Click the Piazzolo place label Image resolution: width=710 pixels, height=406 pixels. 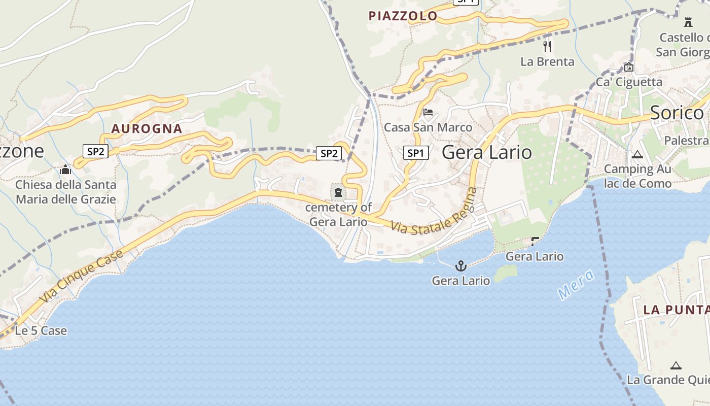click(403, 16)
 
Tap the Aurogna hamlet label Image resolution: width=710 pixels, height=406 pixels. click(147, 128)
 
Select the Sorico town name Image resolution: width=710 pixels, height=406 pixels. click(677, 113)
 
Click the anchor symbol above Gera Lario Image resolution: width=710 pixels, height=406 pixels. click(460, 265)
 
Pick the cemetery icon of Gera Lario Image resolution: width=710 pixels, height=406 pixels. click(338, 192)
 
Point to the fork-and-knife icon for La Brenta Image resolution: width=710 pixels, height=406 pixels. click(547, 47)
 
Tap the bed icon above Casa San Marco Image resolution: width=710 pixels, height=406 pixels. click(428, 112)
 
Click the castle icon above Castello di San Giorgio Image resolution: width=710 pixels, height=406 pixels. click(688, 22)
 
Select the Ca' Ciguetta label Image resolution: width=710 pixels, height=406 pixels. click(629, 82)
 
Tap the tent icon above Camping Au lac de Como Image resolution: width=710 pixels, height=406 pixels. click(637, 154)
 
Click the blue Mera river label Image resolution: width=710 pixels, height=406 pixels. click(575, 284)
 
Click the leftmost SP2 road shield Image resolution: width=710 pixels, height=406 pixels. click(95, 151)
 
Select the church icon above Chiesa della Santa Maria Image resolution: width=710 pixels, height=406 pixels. click(65, 170)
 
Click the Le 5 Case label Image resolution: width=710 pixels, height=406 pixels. click(41, 331)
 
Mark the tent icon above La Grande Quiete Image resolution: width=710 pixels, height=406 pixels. click(676, 365)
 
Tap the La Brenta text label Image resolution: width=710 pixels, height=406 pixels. click(547, 62)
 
